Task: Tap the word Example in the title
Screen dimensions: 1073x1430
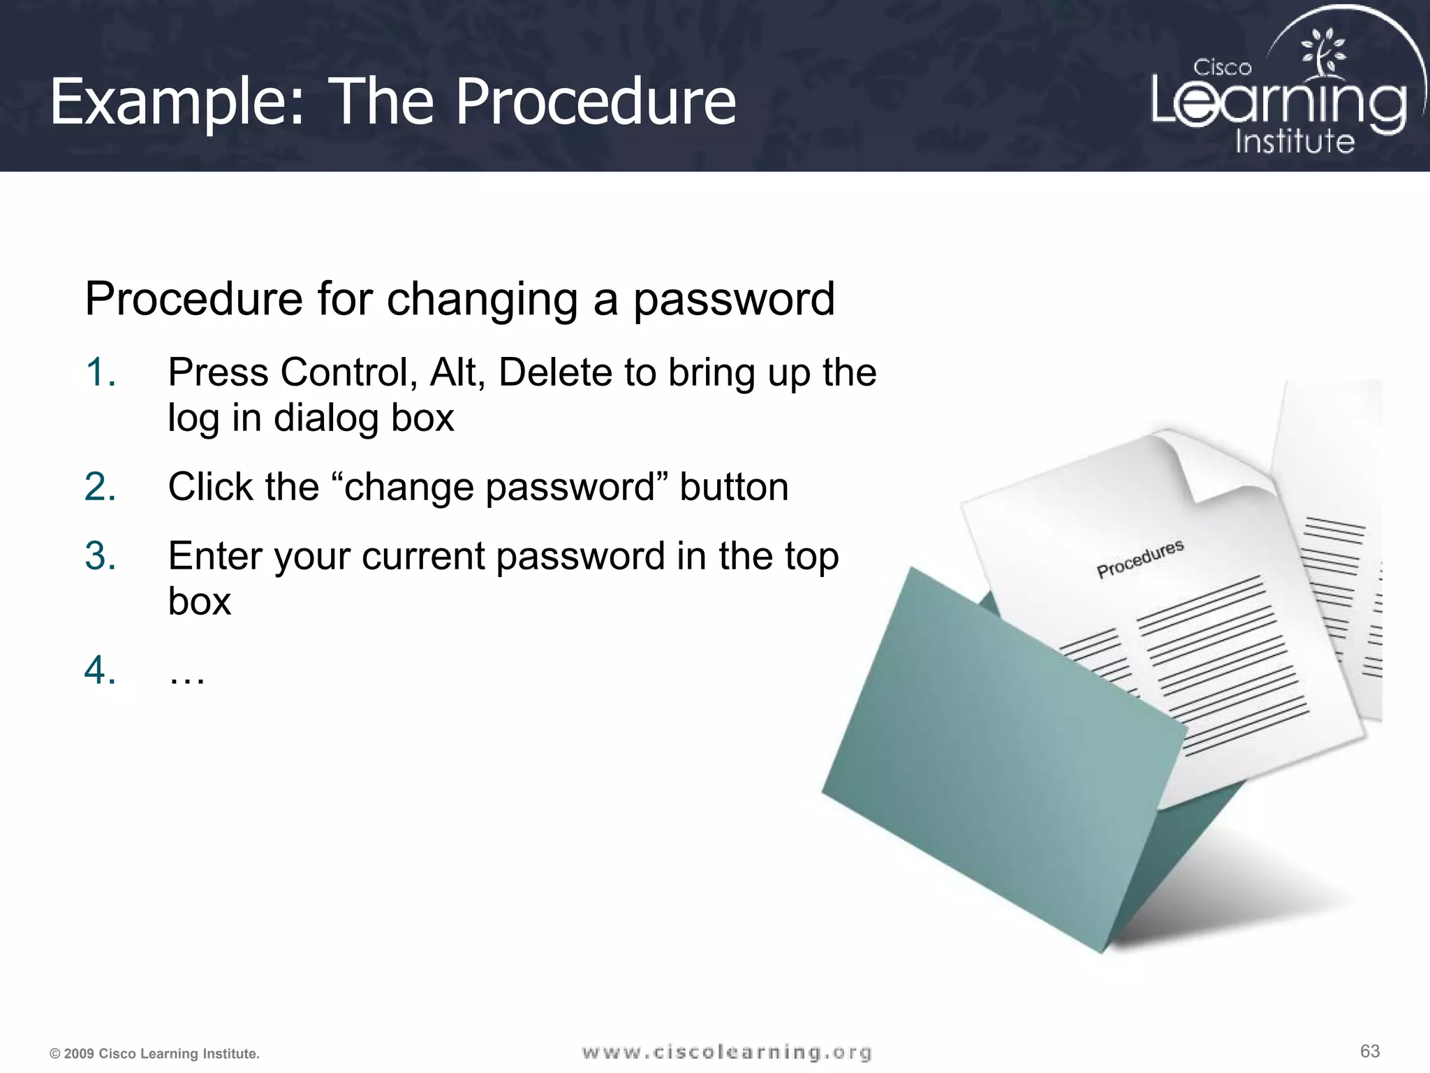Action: pos(177,102)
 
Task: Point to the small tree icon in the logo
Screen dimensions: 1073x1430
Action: pos(1322,53)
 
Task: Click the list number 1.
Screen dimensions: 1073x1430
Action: pos(101,372)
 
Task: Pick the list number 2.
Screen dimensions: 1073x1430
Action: pos(101,486)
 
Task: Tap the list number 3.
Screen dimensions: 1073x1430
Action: pos(101,556)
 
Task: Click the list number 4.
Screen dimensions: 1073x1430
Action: pos(101,670)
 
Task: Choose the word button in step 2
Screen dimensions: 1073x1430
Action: pos(734,486)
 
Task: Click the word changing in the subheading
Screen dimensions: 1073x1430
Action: pos(482,299)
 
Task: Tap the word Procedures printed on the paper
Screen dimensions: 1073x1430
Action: pos(1140,559)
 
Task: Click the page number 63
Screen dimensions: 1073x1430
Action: pos(1370,1051)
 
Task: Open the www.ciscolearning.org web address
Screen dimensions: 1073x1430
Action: pos(727,1052)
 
